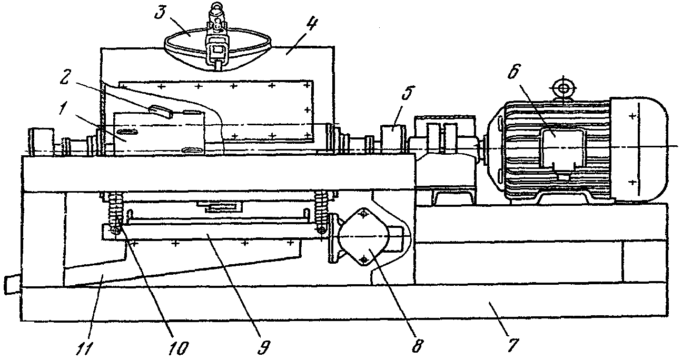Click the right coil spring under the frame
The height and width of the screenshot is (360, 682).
click(x=321, y=210)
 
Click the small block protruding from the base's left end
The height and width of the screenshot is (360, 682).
click(x=11, y=285)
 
